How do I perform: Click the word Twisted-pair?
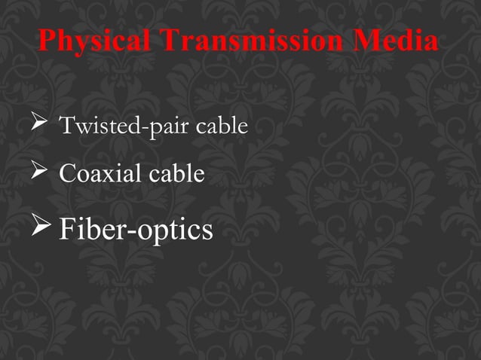pyautogui.click(x=126, y=126)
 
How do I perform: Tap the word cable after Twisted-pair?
pyautogui.click(x=222, y=126)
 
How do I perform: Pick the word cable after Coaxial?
pyautogui.click(x=176, y=175)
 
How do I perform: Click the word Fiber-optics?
pyautogui.click(x=136, y=229)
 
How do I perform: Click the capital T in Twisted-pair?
pyautogui.click(x=66, y=126)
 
